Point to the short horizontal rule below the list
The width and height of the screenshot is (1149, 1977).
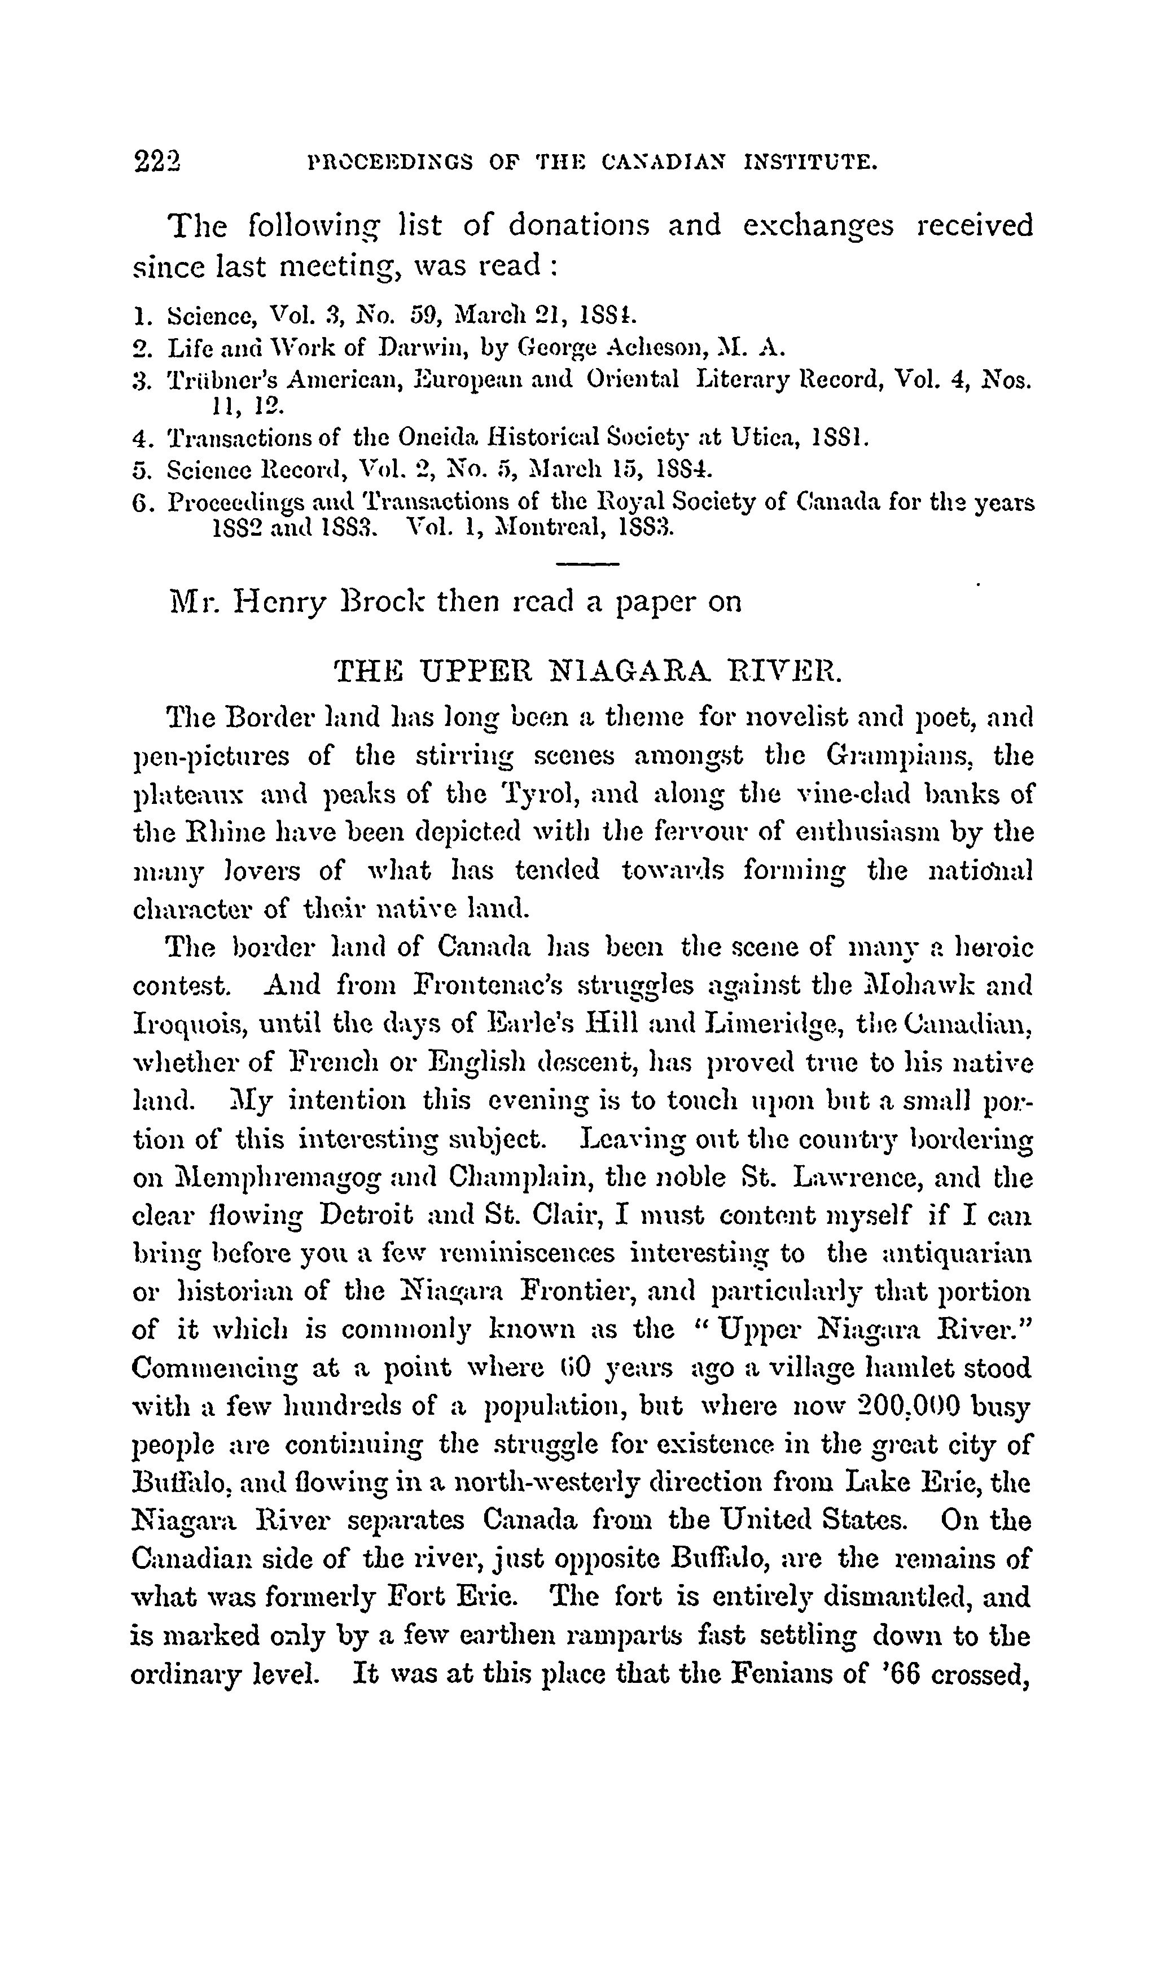[x=587, y=564]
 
